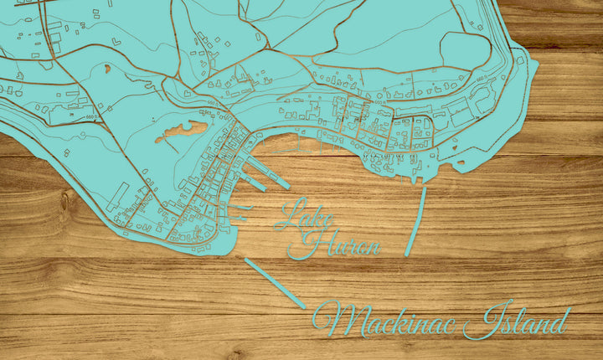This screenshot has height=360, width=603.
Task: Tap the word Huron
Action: [339, 244]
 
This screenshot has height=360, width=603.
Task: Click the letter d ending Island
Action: [559, 321]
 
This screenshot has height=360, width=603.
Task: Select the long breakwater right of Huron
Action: [415, 221]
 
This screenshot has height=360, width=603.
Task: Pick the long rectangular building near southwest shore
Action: [116, 196]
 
